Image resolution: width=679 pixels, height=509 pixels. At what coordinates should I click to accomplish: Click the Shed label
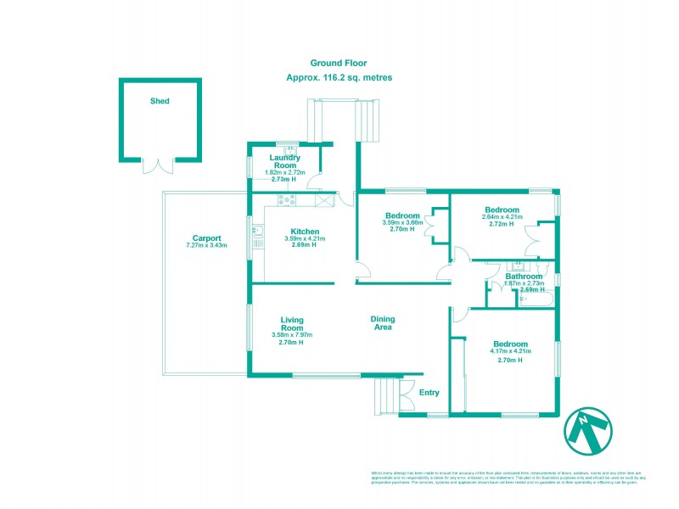[x=160, y=101]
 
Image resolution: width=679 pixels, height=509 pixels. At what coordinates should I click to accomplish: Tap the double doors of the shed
[x=160, y=165]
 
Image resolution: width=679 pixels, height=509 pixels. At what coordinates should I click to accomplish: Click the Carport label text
[x=206, y=238]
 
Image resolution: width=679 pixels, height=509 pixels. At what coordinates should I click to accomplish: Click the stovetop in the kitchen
[x=287, y=200]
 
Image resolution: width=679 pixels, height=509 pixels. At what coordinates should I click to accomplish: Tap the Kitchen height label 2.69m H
[x=305, y=246]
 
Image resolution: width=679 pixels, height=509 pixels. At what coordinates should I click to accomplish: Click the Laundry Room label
[x=286, y=161]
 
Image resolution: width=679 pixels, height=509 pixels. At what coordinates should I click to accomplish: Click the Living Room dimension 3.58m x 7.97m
[x=292, y=334]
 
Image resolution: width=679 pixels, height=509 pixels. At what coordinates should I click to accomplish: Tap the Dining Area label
[x=383, y=323]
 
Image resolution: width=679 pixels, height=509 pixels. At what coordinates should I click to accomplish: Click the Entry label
[x=429, y=392]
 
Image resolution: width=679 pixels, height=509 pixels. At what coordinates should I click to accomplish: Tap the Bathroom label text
[x=524, y=277]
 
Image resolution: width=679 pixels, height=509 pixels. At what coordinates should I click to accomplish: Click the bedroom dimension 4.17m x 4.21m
[x=510, y=350]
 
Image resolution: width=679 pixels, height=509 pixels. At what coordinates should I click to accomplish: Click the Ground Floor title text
[x=339, y=63]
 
